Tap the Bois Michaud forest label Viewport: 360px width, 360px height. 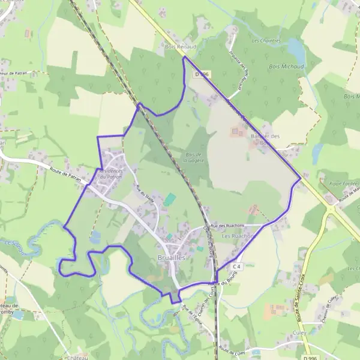(x=287, y=67)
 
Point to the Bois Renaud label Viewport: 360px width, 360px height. (x=176, y=45)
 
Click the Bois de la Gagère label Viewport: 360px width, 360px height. (x=193, y=157)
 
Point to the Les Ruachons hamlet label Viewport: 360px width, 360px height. (x=239, y=236)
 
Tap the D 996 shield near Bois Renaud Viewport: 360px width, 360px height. (x=202, y=74)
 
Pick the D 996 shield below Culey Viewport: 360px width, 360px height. (x=310, y=358)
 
